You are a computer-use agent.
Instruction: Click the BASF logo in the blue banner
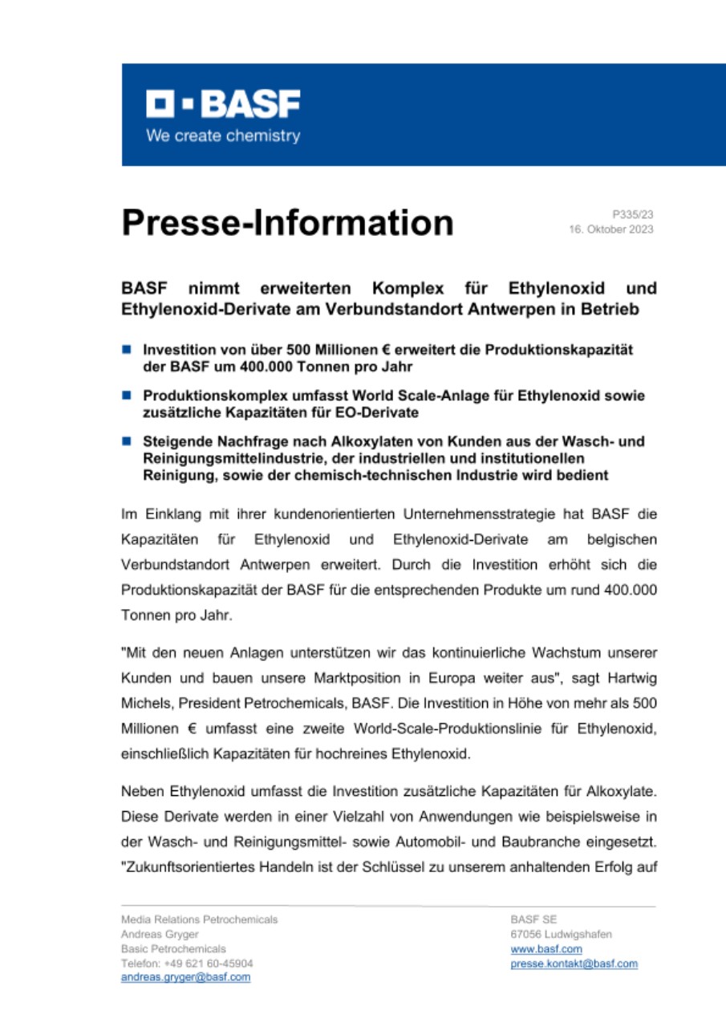coord(222,104)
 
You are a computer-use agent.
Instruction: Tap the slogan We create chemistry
coord(222,136)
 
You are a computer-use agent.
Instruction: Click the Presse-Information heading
coord(287,222)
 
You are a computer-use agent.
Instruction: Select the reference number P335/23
coord(633,214)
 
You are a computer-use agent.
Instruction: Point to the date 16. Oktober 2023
coord(611,229)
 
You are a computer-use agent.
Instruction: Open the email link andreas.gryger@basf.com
coord(185,977)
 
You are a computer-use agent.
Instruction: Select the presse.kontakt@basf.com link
coord(574,963)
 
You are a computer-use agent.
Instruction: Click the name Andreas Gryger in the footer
coord(160,934)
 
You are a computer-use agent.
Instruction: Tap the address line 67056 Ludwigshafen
coord(561,934)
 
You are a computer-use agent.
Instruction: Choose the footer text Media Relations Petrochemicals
coord(199,919)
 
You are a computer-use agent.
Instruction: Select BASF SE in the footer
coord(533,919)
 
